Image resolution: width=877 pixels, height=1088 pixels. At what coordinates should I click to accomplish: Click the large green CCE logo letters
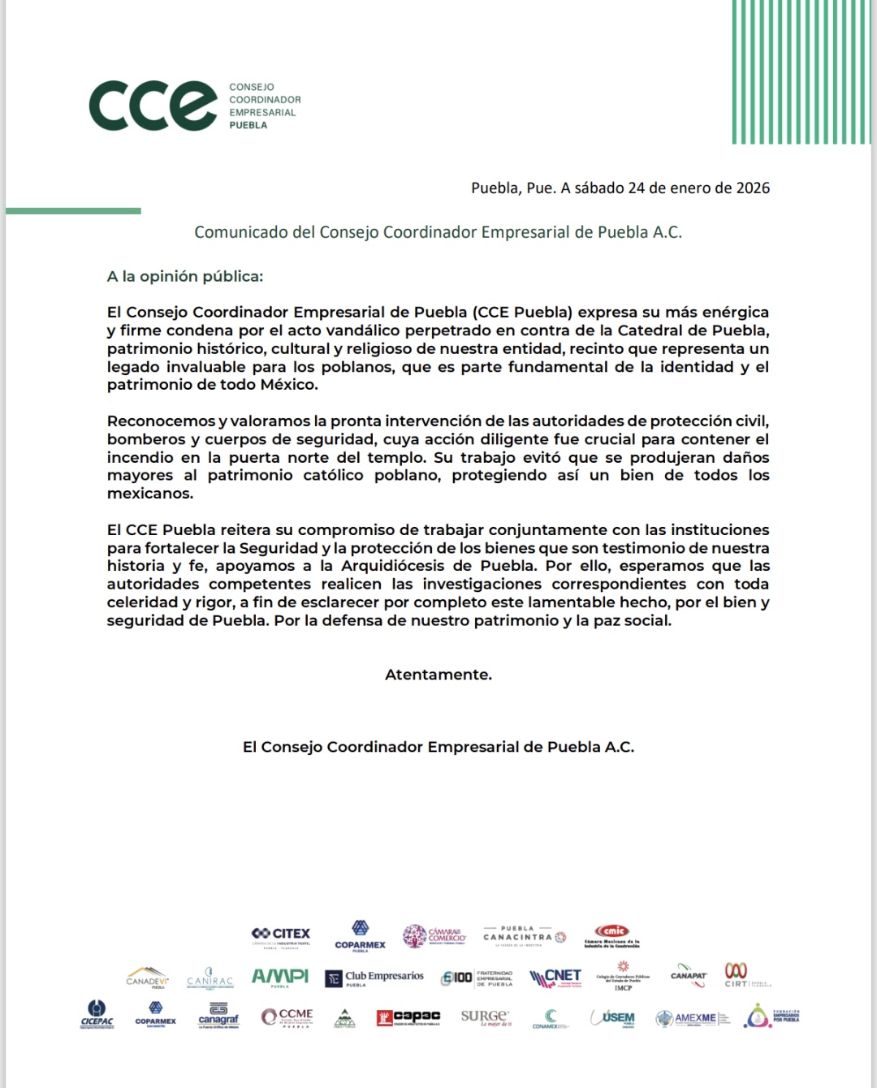click(x=153, y=106)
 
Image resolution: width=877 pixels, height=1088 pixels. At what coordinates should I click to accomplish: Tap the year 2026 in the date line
click(x=753, y=188)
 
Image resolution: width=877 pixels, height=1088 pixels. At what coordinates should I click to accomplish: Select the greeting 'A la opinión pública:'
click(x=185, y=276)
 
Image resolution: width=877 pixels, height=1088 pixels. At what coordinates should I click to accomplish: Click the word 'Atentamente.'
click(x=438, y=675)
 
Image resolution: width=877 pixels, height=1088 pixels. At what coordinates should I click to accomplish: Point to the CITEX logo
click(x=281, y=935)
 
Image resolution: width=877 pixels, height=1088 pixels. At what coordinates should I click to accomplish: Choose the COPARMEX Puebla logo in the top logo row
click(x=360, y=935)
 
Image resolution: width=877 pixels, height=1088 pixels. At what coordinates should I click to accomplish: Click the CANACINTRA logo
click(x=525, y=935)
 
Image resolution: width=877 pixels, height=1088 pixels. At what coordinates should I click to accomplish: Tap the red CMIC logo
click(x=611, y=935)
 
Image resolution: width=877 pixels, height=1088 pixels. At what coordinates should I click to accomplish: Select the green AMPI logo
click(x=279, y=977)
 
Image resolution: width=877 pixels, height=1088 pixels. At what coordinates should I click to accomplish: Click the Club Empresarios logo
click(x=374, y=978)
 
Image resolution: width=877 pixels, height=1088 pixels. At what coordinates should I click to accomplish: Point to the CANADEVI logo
click(x=147, y=978)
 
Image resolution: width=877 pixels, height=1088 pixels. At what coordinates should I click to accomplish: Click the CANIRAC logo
click(x=210, y=978)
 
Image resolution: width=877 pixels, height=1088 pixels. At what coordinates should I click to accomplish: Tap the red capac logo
click(x=408, y=1017)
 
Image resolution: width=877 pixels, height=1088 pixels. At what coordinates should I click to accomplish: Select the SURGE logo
click(x=486, y=1017)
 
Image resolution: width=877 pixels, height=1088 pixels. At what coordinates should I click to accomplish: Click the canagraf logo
click(x=218, y=1017)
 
